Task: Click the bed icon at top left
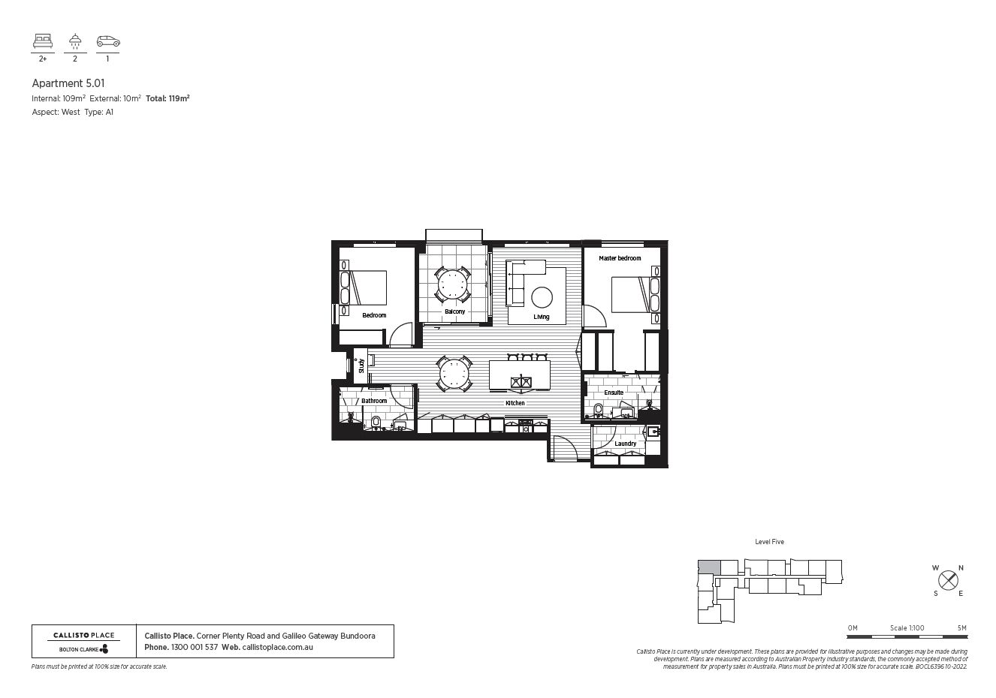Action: [x=42, y=41]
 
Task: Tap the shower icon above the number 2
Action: [x=75, y=41]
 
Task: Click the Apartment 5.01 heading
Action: [x=62, y=83]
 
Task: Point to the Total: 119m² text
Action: [x=167, y=98]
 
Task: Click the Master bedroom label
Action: [x=620, y=258]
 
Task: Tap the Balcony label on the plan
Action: [x=454, y=311]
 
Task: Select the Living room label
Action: [x=541, y=317]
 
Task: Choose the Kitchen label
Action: [x=515, y=404]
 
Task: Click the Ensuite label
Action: [x=614, y=393]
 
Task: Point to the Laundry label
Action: [x=625, y=444]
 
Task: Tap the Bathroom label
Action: [x=374, y=401]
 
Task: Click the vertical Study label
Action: [x=361, y=366]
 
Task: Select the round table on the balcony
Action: [x=453, y=284]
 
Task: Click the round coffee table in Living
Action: [x=542, y=298]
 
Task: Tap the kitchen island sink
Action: [x=520, y=383]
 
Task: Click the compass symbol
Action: [x=949, y=580]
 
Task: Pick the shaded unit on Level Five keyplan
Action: [x=708, y=567]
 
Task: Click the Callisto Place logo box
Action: [x=83, y=642]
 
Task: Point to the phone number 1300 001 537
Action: [x=194, y=647]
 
